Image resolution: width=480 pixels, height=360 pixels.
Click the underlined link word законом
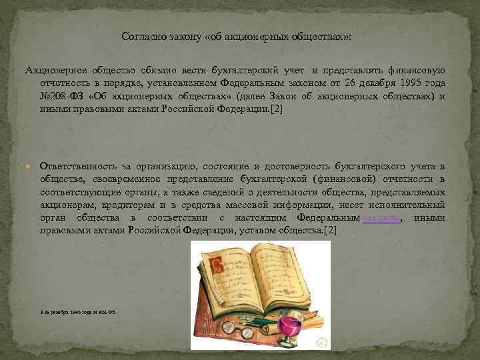(x=382, y=218)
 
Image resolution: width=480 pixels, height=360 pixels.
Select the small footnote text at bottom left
(x=77, y=311)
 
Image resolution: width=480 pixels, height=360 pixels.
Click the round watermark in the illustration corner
(x=322, y=342)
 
